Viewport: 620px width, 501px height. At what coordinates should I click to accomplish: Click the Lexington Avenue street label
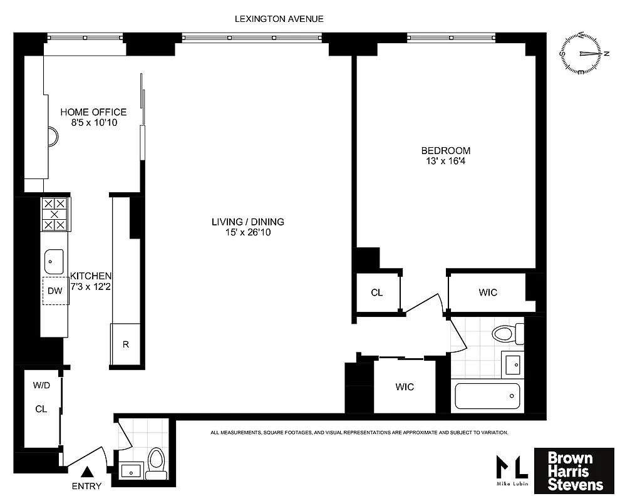[x=279, y=19]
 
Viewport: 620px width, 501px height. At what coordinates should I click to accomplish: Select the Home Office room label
[x=93, y=112]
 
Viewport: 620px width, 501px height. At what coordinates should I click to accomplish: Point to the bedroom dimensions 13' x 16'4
[x=445, y=162]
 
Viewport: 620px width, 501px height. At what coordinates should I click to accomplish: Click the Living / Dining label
[x=247, y=222]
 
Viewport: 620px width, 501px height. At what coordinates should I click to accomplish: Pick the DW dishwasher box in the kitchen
[x=55, y=291]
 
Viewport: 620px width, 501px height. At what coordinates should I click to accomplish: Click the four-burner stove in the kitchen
[x=54, y=214]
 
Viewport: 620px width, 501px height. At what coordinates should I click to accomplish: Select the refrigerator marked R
[x=126, y=344]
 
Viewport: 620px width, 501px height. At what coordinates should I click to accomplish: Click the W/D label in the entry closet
[x=41, y=386]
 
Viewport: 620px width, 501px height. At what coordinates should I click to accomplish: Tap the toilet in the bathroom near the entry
[x=157, y=463]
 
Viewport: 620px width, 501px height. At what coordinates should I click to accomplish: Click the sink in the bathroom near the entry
[x=130, y=469]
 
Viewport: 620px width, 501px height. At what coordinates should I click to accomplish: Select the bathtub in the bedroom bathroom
[x=487, y=396]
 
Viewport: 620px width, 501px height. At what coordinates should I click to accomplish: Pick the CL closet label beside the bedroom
[x=376, y=292]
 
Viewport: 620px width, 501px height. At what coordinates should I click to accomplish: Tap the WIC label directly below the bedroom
[x=488, y=292]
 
